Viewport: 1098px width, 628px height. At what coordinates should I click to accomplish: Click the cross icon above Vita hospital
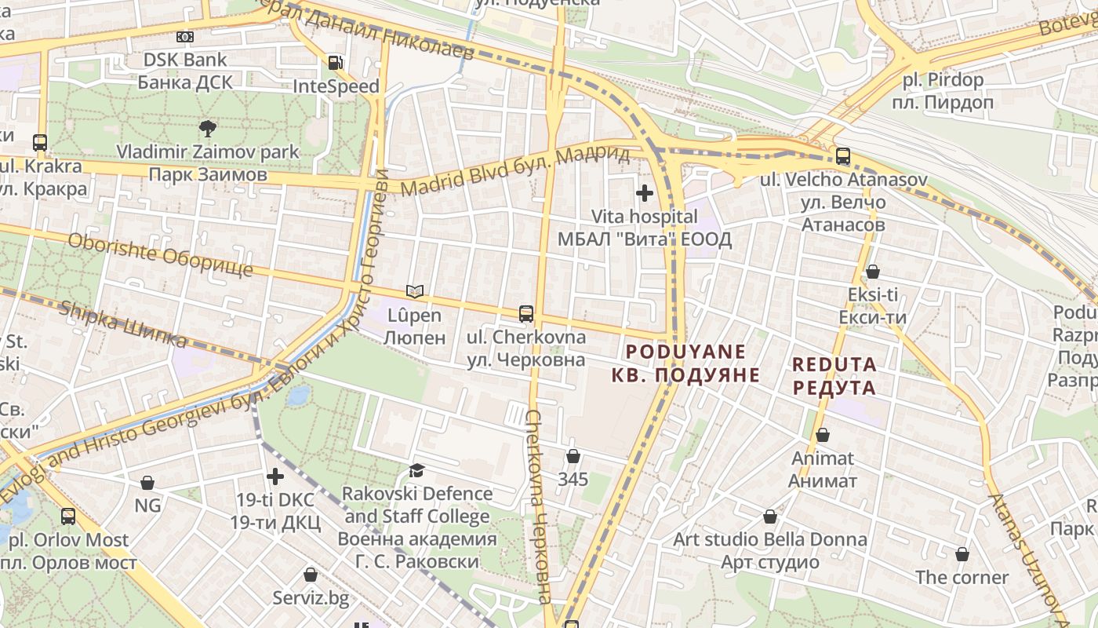click(645, 192)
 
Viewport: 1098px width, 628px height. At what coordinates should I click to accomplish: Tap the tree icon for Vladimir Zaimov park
click(208, 128)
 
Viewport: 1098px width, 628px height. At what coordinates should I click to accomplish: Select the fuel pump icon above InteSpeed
click(336, 63)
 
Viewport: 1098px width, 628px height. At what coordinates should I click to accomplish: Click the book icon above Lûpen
click(415, 292)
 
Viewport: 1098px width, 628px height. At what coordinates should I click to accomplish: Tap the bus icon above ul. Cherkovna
click(526, 314)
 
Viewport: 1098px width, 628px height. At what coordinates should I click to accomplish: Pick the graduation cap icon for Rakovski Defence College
click(416, 470)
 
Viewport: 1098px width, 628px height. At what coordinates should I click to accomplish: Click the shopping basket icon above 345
click(573, 456)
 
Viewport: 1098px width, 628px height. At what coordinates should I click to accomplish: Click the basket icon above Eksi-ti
click(872, 272)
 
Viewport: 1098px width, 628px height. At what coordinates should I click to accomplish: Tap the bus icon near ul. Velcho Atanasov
click(843, 156)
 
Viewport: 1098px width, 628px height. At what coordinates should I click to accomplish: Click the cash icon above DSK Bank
click(185, 36)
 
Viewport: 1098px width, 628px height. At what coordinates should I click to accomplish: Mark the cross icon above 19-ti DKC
click(275, 476)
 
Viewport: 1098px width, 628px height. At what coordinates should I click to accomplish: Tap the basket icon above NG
click(147, 483)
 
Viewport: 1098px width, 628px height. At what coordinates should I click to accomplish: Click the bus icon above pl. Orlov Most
click(68, 517)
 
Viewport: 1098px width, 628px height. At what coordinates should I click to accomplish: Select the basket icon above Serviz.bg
click(311, 575)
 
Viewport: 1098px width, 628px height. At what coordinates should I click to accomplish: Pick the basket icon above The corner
click(962, 554)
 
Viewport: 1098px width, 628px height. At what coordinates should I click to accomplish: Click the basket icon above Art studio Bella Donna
click(770, 517)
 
